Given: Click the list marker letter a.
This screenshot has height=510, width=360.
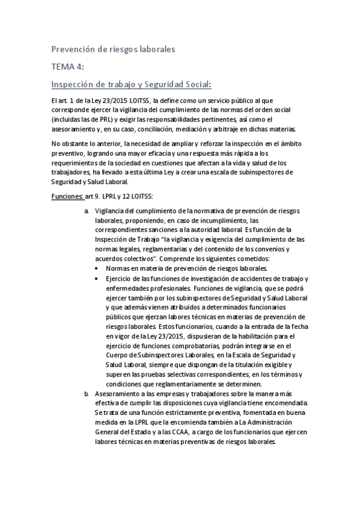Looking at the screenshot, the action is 87,210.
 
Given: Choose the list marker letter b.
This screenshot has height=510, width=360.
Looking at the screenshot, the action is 87,393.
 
